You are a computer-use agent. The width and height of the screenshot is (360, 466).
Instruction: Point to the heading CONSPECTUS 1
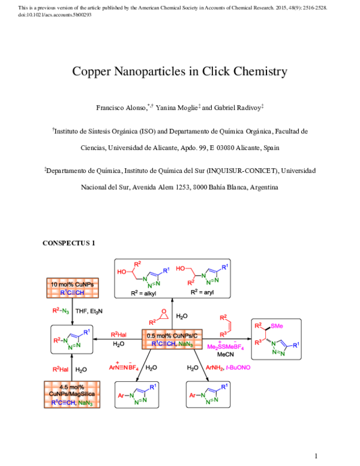(x=68, y=244)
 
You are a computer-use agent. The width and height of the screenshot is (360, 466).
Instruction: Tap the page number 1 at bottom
(x=314, y=456)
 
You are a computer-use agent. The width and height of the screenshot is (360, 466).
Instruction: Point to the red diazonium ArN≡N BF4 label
(x=124, y=367)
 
